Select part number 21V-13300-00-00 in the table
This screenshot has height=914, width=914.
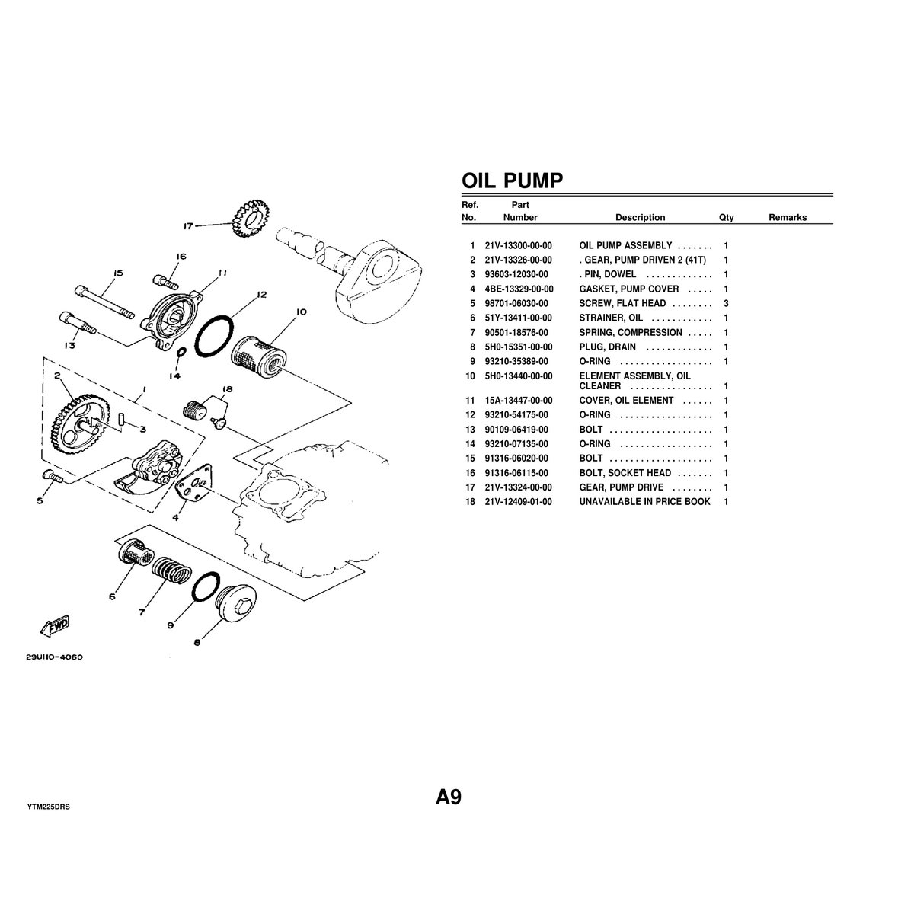[518, 246]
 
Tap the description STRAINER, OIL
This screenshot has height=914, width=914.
[611, 318]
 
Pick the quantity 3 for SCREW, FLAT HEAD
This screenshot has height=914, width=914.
[726, 303]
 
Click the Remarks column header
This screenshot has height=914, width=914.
[787, 218]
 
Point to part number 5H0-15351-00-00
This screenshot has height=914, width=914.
[518, 347]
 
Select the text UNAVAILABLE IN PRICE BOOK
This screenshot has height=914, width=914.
[644, 502]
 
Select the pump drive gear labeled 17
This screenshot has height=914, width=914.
[247, 219]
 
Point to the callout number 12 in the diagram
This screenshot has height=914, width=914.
[261, 294]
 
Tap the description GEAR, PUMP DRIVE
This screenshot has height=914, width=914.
[621, 487]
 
